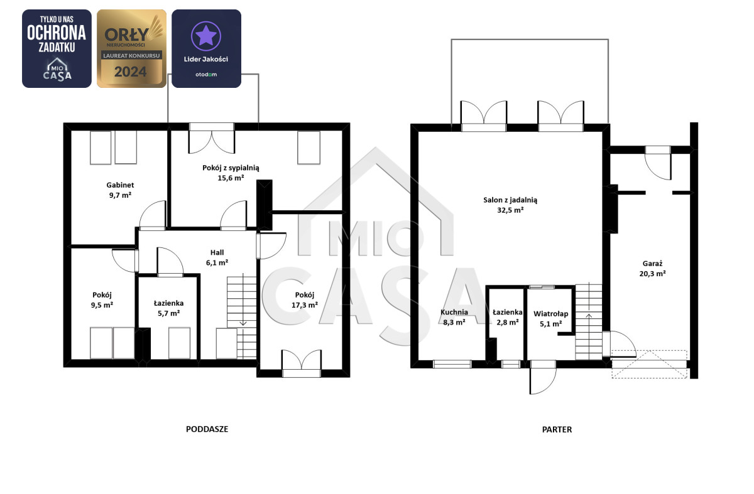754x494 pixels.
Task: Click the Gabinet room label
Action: (120, 185)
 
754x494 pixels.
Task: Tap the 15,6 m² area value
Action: (231, 178)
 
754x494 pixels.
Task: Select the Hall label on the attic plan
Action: (217, 252)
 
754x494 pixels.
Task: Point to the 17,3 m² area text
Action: (305, 305)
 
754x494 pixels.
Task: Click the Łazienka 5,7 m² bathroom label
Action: (168, 308)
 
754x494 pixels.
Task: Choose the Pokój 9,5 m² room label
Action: (102, 300)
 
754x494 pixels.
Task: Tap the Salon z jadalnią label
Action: (510, 200)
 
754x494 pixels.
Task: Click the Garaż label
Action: (652, 264)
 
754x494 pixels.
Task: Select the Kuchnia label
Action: (454, 312)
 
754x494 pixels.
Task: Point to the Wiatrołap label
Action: (550, 314)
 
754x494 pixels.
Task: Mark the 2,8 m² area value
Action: (508, 322)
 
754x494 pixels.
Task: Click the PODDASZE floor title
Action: (207, 429)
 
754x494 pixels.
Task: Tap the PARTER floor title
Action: (557, 429)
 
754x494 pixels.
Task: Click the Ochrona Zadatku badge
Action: (57, 49)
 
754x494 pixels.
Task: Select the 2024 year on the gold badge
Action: (130, 72)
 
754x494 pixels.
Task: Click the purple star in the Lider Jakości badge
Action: (206, 36)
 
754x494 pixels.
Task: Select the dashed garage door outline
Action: (649, 364)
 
